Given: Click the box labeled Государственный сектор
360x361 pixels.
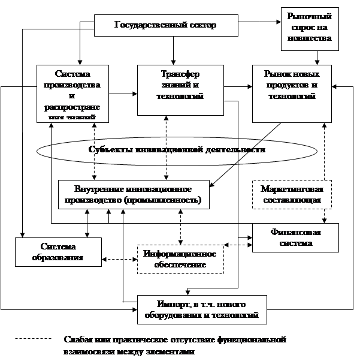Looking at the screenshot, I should (x=165, y=25).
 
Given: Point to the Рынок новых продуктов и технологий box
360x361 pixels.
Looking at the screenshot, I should (x=291, y=93).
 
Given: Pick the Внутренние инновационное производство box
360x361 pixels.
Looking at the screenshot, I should (x=134, y=194).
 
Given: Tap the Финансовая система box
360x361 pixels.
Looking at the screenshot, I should (x=295, y=237).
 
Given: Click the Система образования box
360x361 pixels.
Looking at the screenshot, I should (x=58, y=252).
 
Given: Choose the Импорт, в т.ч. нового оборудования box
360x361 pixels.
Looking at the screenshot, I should (x=202, y=309).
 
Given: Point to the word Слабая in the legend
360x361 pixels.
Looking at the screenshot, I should (x=78, y=340).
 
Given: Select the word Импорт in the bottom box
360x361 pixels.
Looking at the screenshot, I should (x=170, y=303).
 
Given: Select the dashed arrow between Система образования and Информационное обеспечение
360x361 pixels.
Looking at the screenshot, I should (x=119, y=259).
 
